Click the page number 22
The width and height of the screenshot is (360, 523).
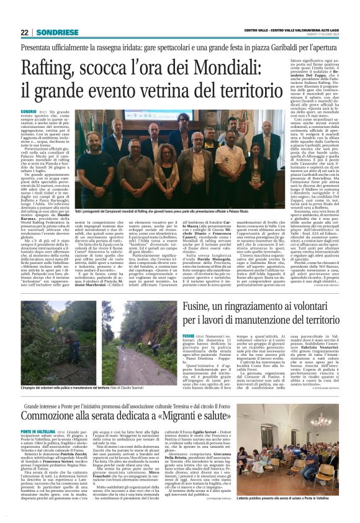pos(24,33)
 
